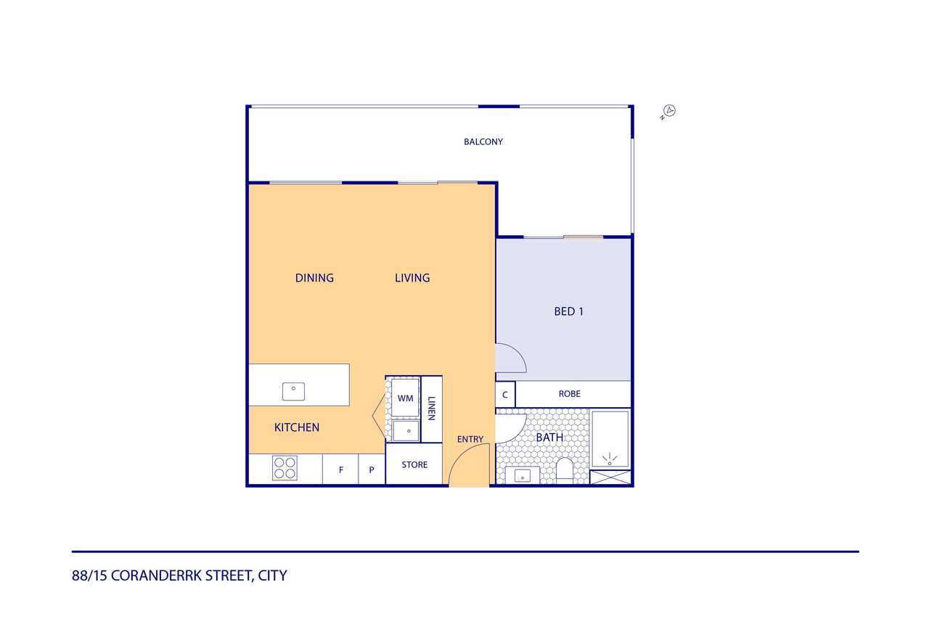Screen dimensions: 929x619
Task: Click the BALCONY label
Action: (483, 142)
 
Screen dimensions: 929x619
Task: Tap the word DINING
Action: (314, 278)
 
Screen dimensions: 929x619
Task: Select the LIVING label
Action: (412, 278)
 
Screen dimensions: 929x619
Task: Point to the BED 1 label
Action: (568, 311)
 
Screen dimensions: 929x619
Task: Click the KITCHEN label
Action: (297, 427)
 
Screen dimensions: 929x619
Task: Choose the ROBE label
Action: (570, 394)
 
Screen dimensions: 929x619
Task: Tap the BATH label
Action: (549, 438)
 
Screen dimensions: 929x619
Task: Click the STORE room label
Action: (414, 464)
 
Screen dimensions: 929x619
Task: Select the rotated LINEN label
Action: (431, 409)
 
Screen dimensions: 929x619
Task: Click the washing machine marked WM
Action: (405, 398)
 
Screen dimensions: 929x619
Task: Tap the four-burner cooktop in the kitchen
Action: (285, 468)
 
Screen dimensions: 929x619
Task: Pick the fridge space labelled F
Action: (340, 470)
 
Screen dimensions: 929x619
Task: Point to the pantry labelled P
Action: (372, 470)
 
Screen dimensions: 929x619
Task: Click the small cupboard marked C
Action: (505, 394)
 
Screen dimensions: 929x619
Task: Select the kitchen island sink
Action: (294, 391)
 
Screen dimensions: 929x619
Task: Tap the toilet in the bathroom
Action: (565, 470)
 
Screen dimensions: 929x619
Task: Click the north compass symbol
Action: (668, 112)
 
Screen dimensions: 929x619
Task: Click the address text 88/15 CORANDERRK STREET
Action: (162, 576)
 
